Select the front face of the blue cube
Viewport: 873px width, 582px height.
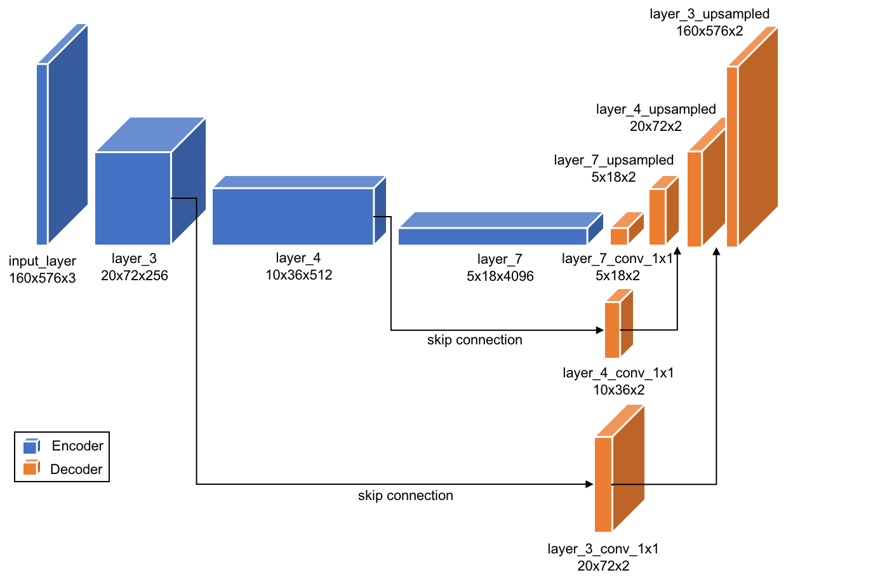(132, 198)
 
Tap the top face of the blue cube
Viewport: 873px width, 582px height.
(150, 134)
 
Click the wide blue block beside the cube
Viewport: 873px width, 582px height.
(292, 216)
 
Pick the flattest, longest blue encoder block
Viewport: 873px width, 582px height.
(492, 236)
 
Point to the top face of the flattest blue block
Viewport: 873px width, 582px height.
(500, 219)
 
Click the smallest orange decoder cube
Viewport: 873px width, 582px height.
(619, 236)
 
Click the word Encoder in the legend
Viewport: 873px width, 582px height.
(77, 446)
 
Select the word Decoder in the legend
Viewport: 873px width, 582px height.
(76, 470)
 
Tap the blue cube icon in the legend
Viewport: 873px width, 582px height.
(31, 446)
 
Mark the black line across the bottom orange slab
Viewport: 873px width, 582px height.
(629, 484)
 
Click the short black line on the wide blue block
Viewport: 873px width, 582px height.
(380, 217)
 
